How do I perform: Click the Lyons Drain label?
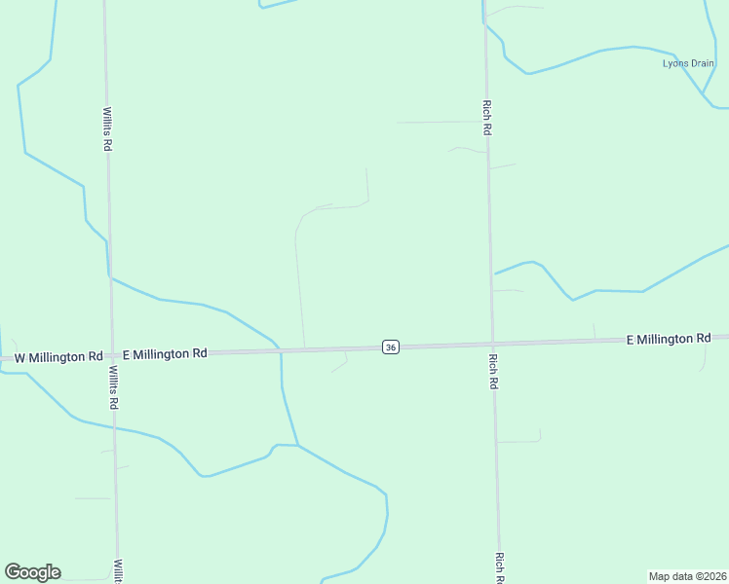688,64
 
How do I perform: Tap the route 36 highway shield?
390,347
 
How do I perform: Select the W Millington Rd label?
58,357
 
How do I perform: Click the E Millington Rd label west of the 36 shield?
165,354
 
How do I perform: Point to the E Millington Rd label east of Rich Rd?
669,339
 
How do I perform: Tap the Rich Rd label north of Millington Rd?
486,117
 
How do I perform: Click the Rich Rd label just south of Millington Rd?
492,371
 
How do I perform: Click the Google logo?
32,572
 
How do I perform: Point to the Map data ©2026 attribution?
687,576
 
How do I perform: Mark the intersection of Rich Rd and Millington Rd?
492,344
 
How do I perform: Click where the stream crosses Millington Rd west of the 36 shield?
281,349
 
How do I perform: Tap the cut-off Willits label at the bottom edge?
117,571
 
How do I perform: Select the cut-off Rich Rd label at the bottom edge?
499,568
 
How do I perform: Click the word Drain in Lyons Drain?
702,64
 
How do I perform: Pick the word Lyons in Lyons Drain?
675,64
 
